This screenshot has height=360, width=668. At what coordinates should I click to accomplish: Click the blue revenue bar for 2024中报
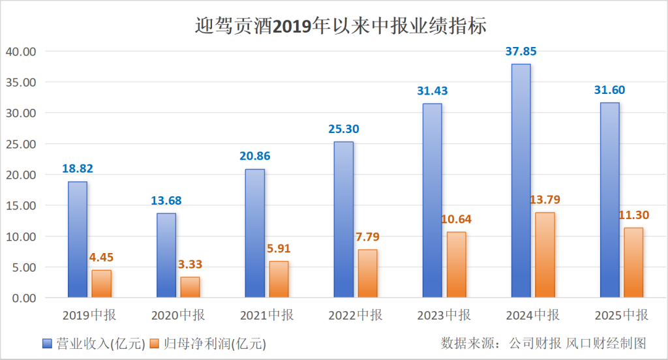(521, 181)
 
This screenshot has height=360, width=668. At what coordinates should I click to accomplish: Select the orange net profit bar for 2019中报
(101, 284)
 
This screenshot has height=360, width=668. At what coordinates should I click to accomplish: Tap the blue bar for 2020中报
(166, 255)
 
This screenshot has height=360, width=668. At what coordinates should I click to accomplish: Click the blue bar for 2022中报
(343, 219)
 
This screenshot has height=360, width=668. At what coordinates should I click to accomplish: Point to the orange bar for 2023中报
(456, 264)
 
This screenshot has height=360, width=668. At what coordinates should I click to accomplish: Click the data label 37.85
(521, 52)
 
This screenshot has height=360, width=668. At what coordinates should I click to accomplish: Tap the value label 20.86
(254, 156)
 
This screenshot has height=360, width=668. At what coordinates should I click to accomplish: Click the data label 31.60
(609, 90)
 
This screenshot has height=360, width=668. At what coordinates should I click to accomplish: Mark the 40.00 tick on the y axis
(21, 52)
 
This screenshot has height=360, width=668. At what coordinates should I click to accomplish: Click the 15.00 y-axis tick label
(21, 205)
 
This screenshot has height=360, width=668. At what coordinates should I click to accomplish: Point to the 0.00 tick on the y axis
(23, 298)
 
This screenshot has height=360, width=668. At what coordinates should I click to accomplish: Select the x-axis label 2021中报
(267, 316)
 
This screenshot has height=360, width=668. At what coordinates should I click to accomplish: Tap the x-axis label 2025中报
(622, 316)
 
